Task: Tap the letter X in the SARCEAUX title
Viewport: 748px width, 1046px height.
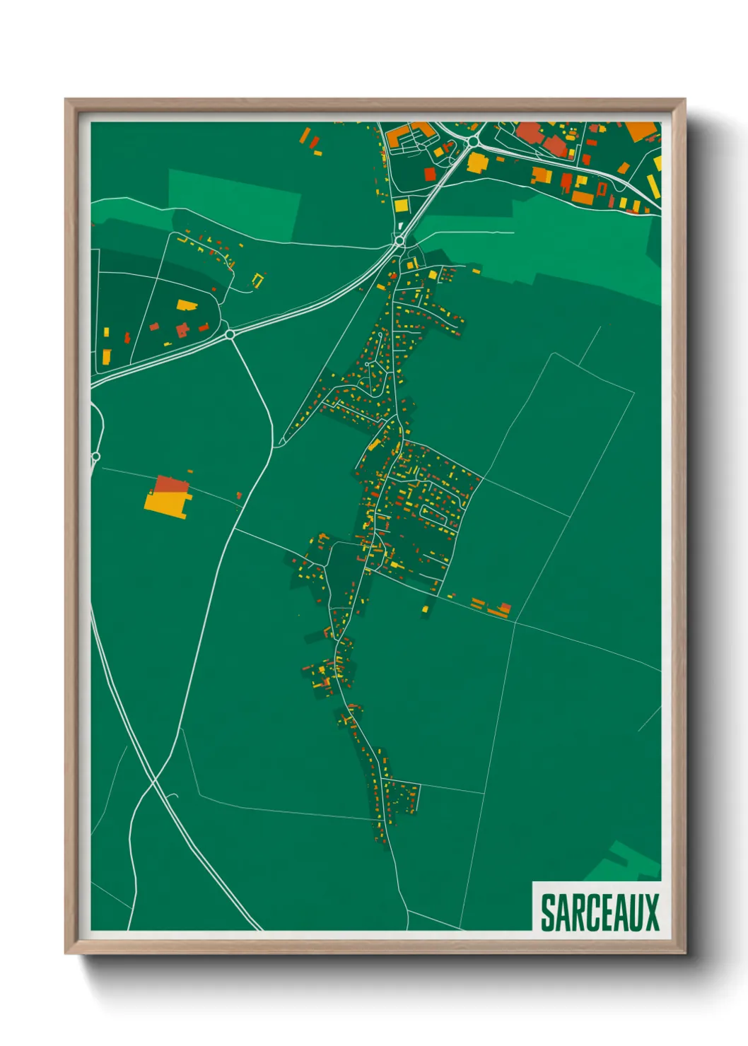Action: (651, 913)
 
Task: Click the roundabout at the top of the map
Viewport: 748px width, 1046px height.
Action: (472, 142)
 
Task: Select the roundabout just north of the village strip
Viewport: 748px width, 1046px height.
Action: (400, 241)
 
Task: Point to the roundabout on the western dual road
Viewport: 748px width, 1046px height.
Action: (230, 334)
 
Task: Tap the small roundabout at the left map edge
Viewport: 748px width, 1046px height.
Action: (95, 457)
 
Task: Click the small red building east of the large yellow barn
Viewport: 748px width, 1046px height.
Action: (239, 495)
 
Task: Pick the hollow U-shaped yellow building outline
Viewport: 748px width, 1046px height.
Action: (257, 280)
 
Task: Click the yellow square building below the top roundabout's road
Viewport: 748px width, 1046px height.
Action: (402, 206)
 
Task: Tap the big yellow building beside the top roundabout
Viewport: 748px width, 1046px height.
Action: (478, 163)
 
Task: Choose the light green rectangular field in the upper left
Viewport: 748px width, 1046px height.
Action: (233, 205)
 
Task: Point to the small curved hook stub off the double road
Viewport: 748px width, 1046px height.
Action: (173, 797)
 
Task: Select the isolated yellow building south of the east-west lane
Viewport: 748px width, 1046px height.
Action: (426, 608)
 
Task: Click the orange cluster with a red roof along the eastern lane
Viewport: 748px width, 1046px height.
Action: (499, 609)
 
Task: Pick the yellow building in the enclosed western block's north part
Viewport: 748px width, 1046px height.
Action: (186, 305)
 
